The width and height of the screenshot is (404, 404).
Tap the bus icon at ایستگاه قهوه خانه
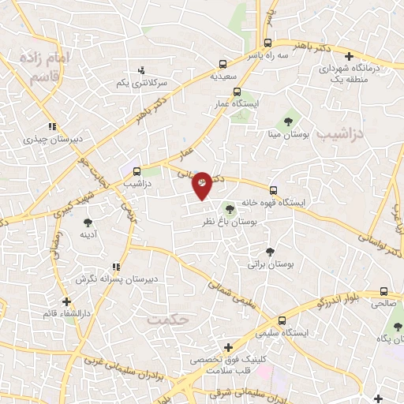[x=273, y=190]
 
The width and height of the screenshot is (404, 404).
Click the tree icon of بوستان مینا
[x=290, y=121]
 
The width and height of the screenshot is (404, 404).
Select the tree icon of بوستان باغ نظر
[x=230, y=209]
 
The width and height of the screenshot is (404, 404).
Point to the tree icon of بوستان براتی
[x=271, y=252]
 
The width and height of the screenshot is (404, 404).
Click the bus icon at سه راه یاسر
[x=268, y=43]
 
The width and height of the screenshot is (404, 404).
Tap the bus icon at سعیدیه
[x=223, y=64]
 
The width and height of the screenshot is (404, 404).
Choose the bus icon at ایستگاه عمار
[x=237, y=92]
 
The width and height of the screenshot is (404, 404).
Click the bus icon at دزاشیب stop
[x=137, y=170]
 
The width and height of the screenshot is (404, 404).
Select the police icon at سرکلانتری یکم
[x=141, y=69]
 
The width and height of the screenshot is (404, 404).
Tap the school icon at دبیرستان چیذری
[x=51, y=126]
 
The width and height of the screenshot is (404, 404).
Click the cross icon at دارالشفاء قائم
[x=66, y=301]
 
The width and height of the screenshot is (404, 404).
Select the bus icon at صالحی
[x=383, y=290]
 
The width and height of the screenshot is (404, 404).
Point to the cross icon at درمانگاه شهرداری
[x=350, y=56]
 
